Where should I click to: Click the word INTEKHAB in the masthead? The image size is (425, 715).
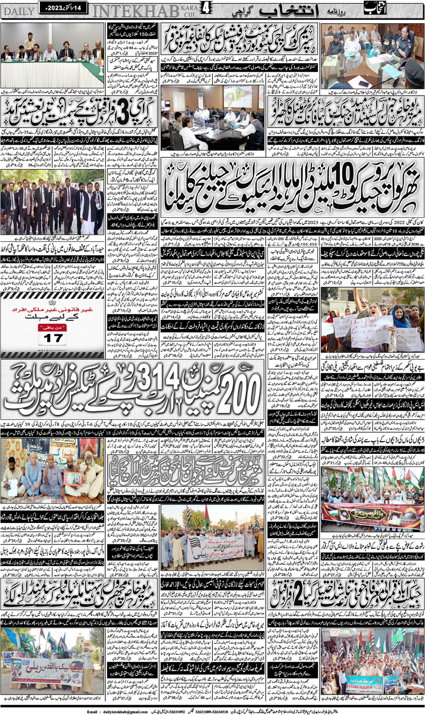136,11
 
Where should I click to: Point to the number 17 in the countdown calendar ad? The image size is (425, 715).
53,338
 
